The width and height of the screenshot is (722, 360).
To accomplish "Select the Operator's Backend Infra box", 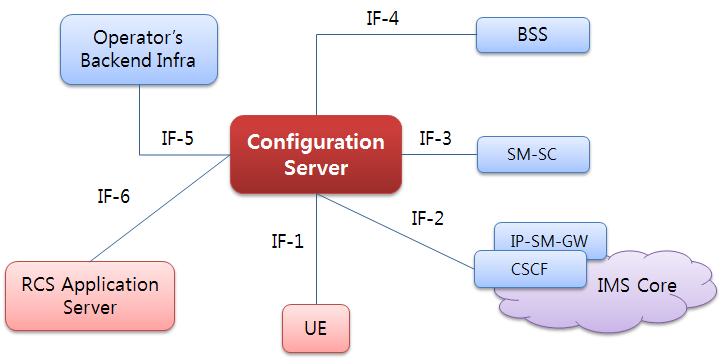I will point(139,50).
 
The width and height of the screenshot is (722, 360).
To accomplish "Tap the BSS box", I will point(532,35).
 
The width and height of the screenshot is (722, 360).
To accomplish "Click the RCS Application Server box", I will point(89,295).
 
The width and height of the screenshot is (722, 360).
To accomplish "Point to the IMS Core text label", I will point(637,286).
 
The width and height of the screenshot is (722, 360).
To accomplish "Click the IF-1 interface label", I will point(287,241).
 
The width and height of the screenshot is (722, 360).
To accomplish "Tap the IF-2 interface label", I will point(428,218).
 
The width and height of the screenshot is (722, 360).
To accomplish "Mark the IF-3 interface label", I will point(435,138).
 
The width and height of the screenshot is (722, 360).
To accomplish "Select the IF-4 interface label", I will point(385,17).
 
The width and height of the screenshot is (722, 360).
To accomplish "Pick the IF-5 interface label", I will point(177,138).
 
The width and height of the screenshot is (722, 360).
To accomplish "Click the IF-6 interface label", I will point(113,197).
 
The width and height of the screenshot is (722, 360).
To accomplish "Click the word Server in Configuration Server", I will point(316,167).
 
